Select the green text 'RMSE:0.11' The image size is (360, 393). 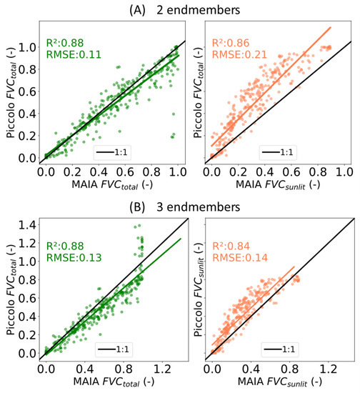70,53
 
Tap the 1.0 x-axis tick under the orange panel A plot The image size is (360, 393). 345,172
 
